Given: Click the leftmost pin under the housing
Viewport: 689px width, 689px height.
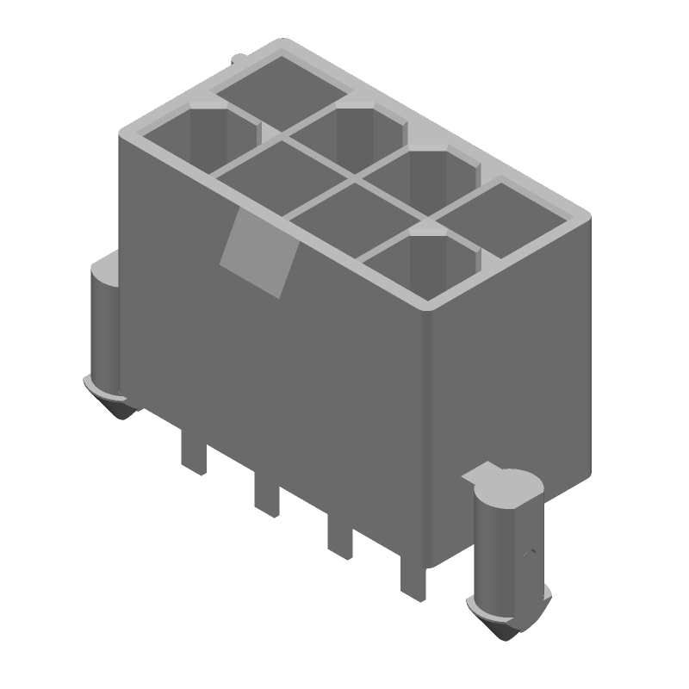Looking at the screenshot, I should [x=194, y=453].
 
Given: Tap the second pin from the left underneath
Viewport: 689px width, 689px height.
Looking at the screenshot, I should [x=267, y=496].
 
